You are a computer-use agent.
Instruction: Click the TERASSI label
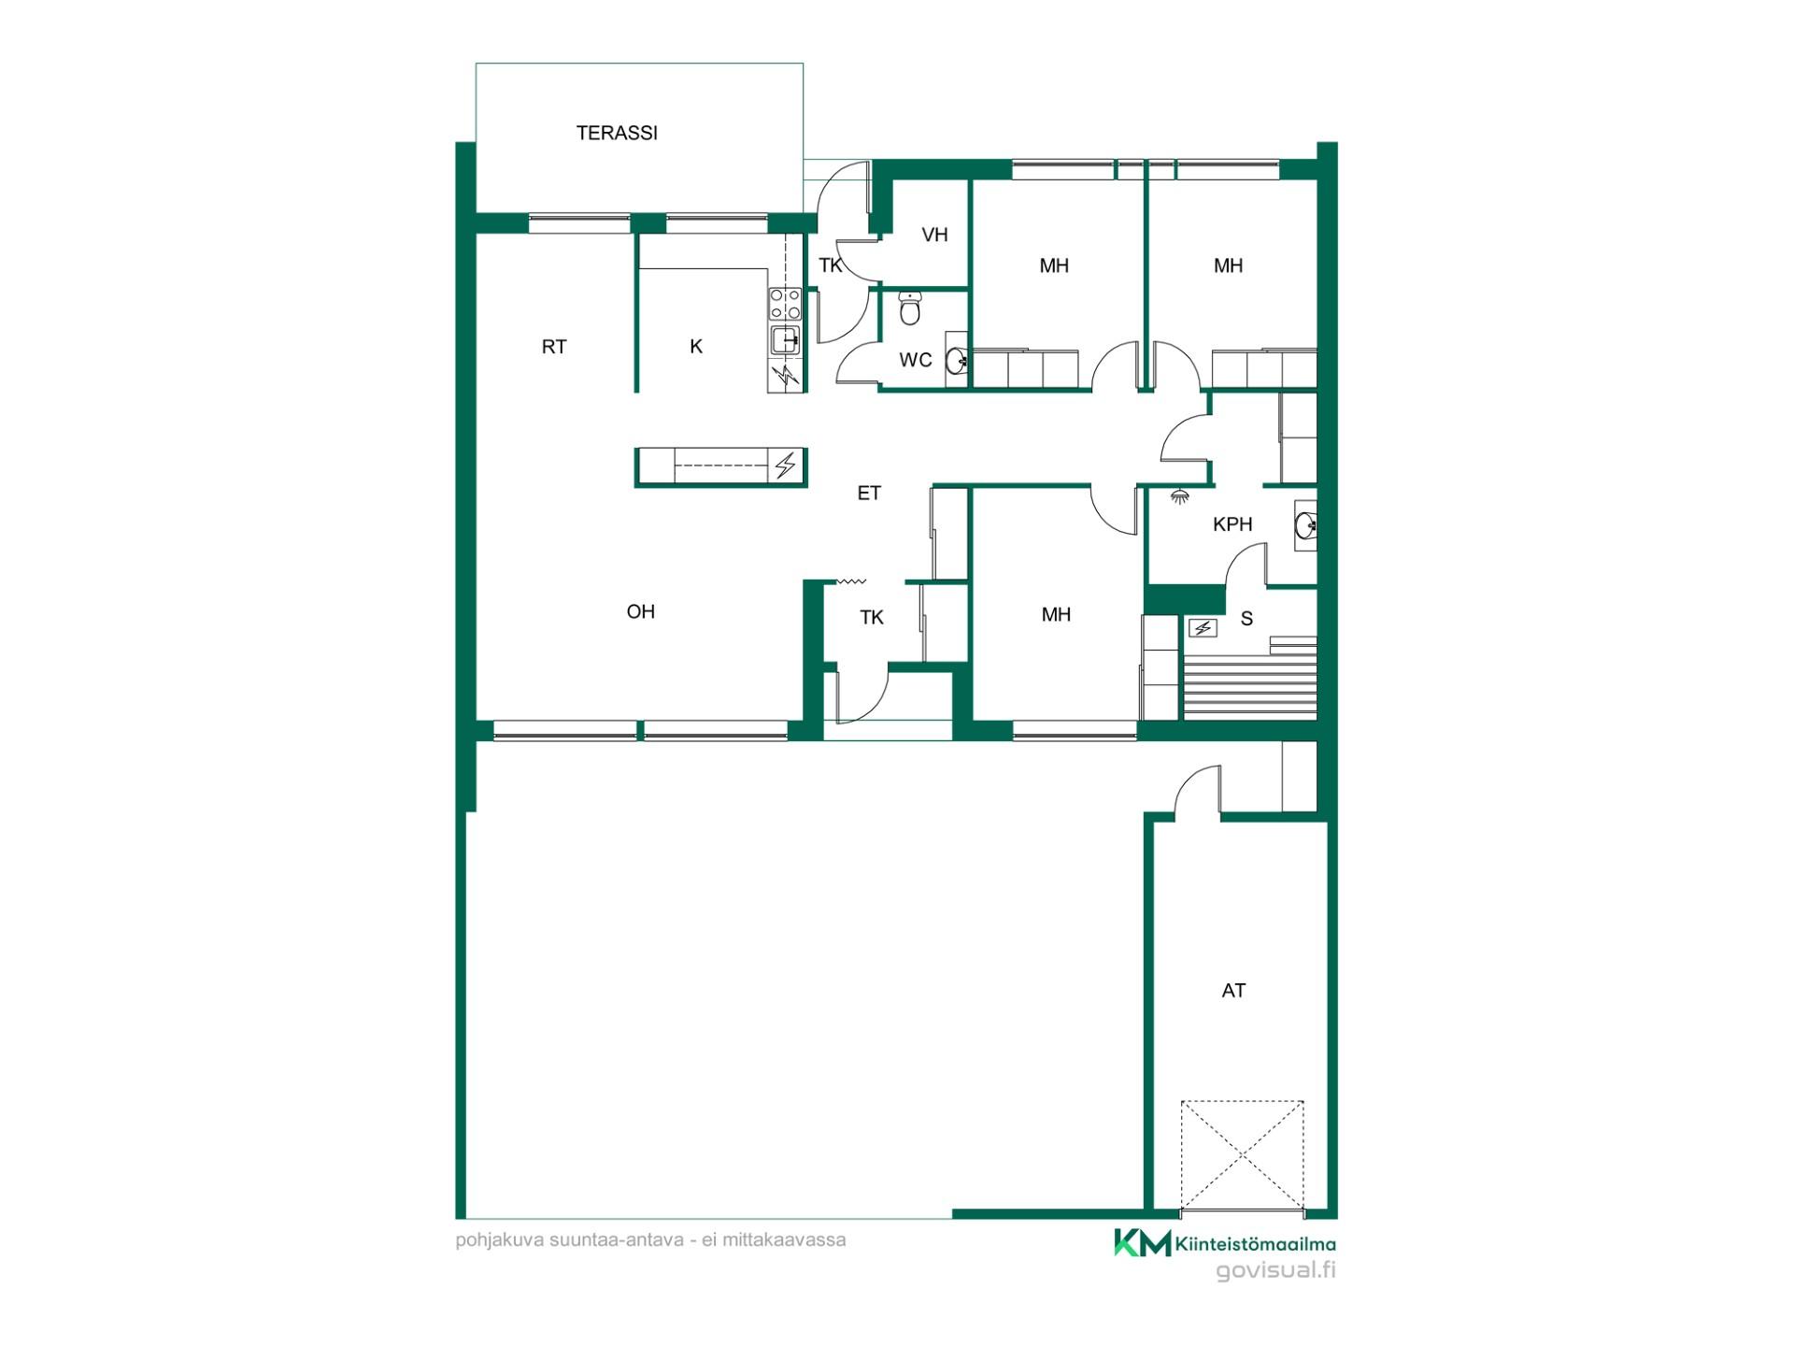coord(617,133)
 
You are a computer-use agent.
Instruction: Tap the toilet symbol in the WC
coord(910,308)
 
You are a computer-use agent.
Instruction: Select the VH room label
coord(934,235)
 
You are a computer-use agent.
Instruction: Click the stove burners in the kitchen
coord(785,304)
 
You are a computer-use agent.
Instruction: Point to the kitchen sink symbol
coord(785,340)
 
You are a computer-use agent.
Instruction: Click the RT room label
coord(554,347)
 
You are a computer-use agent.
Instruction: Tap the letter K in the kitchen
coord(696,347)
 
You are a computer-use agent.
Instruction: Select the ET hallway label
coord(869,493)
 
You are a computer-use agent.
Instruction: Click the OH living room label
coord(641,611)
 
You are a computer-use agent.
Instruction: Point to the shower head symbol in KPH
coord(1180,496)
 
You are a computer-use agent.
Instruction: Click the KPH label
coord(1232,524)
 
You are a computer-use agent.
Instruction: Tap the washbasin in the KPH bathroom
coord(1305,526)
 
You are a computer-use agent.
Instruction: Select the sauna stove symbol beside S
coord(1203,628)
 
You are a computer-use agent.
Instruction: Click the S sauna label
coord(1246,619)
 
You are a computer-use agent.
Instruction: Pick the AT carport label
coord(1233,991)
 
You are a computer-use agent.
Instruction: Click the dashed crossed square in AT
coord(1242,1155)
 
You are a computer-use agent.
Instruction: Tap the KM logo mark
coord(1142,1242)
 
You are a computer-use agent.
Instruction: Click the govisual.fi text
coord(1275,1269)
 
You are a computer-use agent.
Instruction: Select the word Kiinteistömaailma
coord(1256,1244)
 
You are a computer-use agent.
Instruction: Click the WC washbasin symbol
coord(956,360)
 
